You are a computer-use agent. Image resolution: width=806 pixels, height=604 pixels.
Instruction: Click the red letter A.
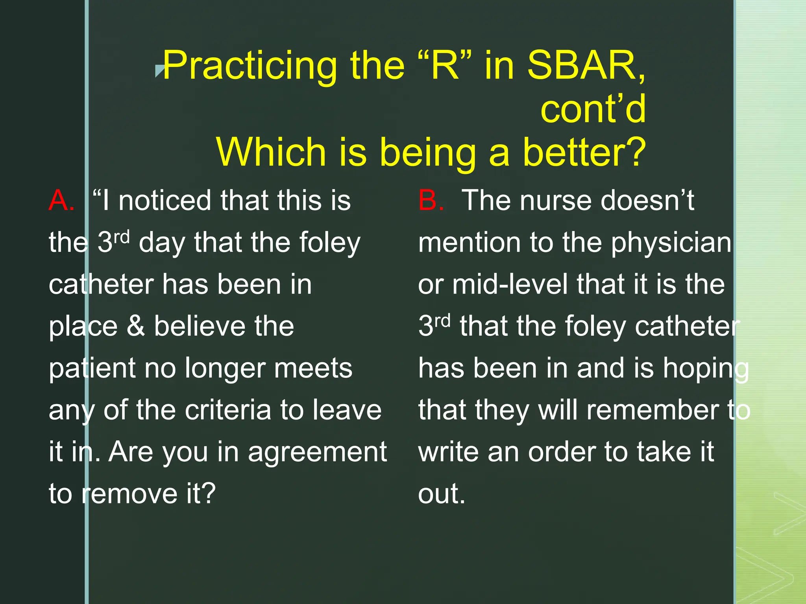(61, 201)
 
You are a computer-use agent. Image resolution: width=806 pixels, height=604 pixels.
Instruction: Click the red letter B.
(431, 201)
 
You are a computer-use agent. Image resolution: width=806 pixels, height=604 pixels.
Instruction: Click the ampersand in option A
(136, 326)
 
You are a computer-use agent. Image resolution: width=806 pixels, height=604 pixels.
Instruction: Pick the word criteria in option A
(228, 410)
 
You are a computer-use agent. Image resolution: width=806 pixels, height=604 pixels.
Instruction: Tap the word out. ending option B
(442, 494)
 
